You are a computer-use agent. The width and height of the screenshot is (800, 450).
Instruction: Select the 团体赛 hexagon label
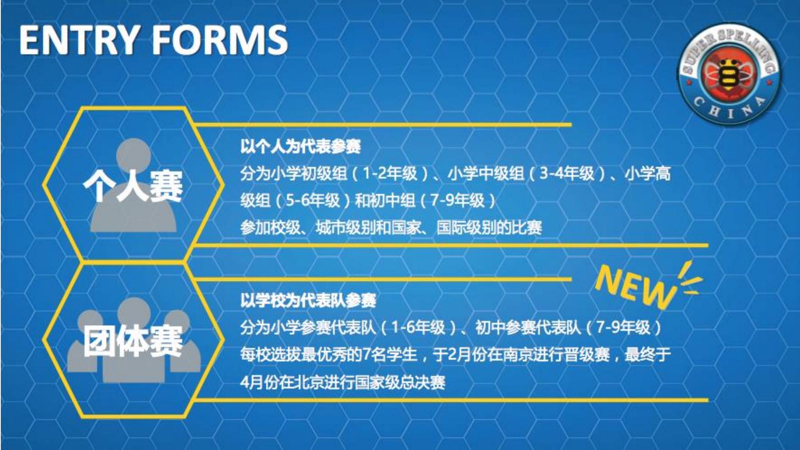[133, 340]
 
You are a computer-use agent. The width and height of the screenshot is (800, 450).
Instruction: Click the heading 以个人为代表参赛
[300, 146]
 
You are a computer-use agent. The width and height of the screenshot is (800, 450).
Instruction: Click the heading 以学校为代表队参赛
[308, 300]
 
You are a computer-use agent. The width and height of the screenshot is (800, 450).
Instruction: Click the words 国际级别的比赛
[489, 228]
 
